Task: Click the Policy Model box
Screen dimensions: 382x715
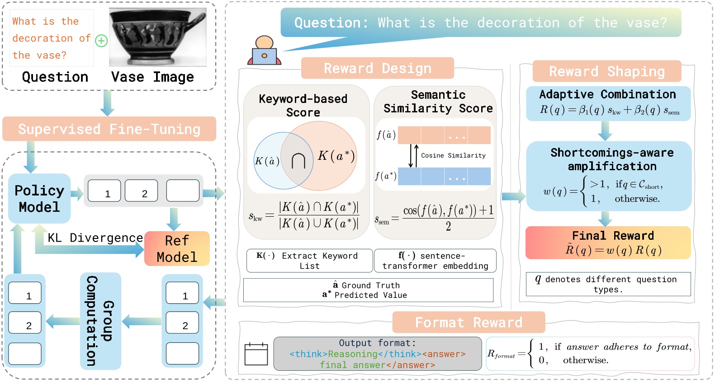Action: point(39,199)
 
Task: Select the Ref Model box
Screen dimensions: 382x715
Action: point(177,249)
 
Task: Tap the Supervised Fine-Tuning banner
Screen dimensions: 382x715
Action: point(109,129)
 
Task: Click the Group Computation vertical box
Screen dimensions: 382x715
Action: point(100,321)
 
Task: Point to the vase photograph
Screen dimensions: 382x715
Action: point(157,38)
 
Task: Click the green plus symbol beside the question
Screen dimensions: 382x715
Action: point(101,41)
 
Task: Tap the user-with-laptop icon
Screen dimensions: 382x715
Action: point(264,51)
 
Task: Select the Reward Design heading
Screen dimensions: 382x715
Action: point(377,68)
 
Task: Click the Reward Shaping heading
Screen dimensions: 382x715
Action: point(606,71)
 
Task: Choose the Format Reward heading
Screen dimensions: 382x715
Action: point(469,322)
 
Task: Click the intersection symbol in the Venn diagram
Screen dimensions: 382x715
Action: point(298,161)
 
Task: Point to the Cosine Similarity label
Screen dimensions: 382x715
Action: point(453,155)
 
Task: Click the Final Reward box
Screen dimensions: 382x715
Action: point(608,243)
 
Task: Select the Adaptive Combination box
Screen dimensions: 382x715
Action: point(608,103)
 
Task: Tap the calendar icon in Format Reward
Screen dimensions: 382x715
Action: point(256,354)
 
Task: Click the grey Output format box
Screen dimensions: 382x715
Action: point(377,354)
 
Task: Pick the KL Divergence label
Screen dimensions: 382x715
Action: point(95,238)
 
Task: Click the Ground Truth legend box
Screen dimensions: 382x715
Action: point(368,290)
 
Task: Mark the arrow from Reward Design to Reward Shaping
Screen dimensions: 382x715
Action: point(513,196)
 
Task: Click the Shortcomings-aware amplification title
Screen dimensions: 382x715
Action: point(611,159)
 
